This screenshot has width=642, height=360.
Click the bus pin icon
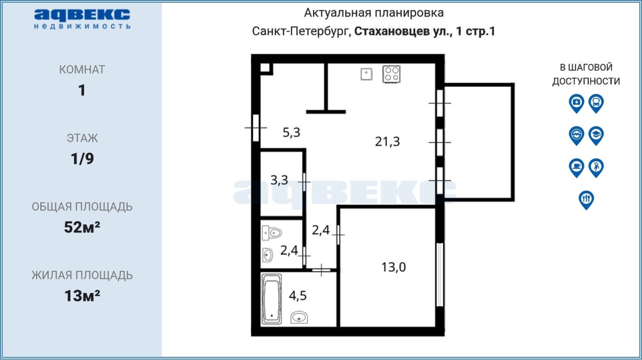(x=596, y=103)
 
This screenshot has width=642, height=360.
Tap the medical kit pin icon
(x=576, y=103)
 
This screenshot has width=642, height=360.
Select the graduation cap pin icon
(x=596, y=135)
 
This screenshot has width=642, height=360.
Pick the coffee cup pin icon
(x=576, y=167)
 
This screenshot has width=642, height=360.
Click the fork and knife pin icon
(x=586, y=200)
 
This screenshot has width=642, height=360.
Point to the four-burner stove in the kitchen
(x=391, y=74)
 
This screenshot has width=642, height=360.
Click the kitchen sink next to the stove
(x=366, y=74)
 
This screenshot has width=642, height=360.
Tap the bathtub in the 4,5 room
(x=271, y=299)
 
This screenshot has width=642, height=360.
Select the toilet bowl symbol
(x=272, y=233)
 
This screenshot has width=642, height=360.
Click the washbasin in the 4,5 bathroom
(x=299, y=317)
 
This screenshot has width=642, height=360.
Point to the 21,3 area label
(x=387, y=141)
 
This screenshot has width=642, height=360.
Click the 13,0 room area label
(x=394, y=267)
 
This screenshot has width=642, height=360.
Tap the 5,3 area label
(x=291, y=132)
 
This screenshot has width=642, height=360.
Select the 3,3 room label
(x=279, y=180)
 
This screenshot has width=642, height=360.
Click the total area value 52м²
(x=82, y=227)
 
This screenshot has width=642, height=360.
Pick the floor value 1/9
(x=82, y=158)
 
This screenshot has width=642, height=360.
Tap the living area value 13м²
(x=82, y=296)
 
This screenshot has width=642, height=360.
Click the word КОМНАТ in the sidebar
(x=82, y=70)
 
